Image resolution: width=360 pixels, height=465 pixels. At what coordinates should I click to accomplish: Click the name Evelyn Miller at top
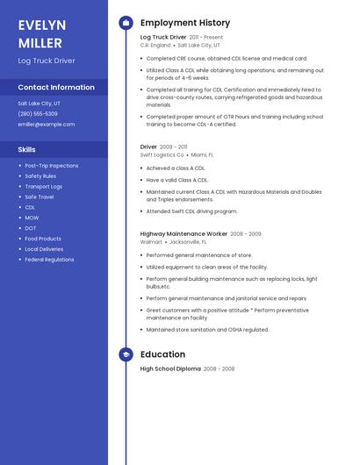click(40, 33)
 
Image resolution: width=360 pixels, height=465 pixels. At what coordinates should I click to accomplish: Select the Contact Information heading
click(56, 88)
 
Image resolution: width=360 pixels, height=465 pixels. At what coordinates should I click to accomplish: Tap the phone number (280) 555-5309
click(38, 114)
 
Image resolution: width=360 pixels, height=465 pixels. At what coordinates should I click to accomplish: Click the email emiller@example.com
click(47, 125)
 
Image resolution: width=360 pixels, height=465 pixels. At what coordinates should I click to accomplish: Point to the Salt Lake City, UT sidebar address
click(40, 104)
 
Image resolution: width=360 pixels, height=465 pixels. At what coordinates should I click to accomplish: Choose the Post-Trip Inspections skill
click(52, 165)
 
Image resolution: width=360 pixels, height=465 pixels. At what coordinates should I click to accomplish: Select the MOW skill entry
click(32, 218)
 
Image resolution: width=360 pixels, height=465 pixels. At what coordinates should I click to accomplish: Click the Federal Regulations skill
click(49, 260)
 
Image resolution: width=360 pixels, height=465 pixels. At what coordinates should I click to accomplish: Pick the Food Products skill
click(43, 239)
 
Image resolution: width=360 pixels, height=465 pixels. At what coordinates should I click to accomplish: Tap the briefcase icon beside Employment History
click(126, 23)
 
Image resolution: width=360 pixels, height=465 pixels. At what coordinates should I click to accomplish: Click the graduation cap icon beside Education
click(126, 354)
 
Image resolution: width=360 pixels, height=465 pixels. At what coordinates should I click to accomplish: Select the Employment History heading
click(185, 23)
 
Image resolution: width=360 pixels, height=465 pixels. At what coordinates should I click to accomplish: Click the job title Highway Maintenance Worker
click(184, 234)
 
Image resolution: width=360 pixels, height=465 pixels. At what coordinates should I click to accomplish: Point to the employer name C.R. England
click(155, 45)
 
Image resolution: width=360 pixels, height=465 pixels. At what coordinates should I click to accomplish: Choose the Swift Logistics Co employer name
click(162, 154)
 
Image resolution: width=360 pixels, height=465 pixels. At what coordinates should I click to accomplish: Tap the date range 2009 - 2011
click(174, 147)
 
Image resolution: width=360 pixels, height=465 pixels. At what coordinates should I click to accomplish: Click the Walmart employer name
click(151, 241)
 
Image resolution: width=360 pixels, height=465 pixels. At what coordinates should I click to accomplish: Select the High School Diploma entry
click(170, 369)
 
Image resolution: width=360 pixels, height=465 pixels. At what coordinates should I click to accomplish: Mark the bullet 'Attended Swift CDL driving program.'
click(191, 211)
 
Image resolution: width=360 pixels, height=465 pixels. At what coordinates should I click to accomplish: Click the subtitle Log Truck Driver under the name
click(47, 61)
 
